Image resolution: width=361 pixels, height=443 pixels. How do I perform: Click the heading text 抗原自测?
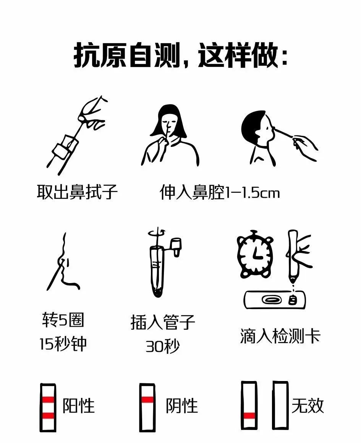click(127, 55)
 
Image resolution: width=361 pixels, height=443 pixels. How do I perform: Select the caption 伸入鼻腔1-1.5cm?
click(220, 192)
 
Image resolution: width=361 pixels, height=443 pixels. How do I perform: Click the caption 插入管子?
click(163, 322)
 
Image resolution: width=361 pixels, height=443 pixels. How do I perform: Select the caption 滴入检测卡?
click(280, 336)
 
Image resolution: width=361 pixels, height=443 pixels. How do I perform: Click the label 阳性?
click(78, 406)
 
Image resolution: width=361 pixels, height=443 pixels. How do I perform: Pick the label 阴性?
click(181, 406)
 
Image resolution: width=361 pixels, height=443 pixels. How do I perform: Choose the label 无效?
click(308, 406)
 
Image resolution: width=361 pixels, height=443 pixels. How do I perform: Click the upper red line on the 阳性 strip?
click(48, 400)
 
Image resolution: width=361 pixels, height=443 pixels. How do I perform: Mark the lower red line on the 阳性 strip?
click(48, 415)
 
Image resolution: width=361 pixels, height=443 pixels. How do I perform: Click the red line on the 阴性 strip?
click(147, 399)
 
